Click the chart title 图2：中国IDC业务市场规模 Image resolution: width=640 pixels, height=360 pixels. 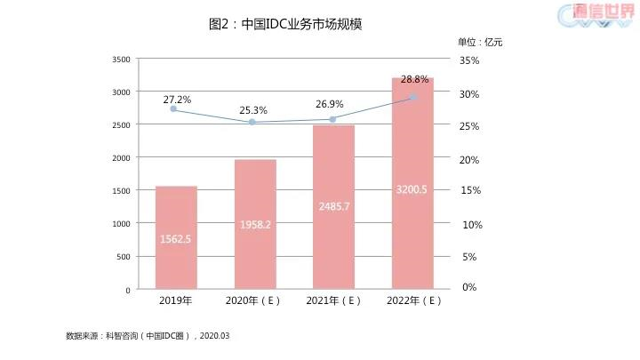pyautogui.click(x=285, y=25)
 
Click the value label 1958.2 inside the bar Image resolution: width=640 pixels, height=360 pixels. pyautogui.click(x=255, y=225)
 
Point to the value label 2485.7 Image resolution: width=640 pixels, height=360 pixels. pyautogui.click(x=333, y=205)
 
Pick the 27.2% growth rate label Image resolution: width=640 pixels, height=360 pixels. pyautogui.click(x=177, y=100)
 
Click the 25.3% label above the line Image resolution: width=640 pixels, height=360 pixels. pyautogui.click(x=253, y=110)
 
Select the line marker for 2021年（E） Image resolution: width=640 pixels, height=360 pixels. pyautogui.click(x=332, y=119)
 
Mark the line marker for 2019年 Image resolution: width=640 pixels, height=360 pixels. pyautogui.click(x=173, y=109)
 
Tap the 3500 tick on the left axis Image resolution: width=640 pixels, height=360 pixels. pyautogui.click(x=122, y=60)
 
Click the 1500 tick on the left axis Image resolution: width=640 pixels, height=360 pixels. pyautogui.click(x=122, y=191)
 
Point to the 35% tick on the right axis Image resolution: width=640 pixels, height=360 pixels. pyautogui.click(x=469, y=60)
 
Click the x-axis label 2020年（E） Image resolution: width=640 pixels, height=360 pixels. pyautogui.click(x=254, y=300)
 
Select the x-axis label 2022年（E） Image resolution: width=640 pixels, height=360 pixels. pyautogui.click(x=414, y=300)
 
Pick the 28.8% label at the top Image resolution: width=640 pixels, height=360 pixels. pyautogui.click(x=415, y=79)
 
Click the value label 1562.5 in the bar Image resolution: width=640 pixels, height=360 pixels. pyautogui.click(x=176, y=238)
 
